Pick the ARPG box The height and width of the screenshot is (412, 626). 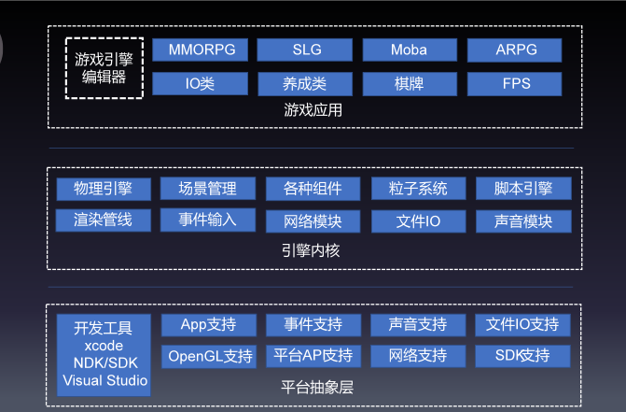(515, 50)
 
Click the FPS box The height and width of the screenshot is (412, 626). (515, 84)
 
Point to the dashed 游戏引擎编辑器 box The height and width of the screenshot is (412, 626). (104, 67)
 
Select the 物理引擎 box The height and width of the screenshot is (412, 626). (103, 189)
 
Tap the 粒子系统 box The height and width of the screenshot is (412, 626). (418, 189)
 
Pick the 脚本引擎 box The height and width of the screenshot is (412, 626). (523, 189)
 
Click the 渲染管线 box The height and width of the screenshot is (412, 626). (103, 221)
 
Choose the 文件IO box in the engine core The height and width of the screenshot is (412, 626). (418, 222)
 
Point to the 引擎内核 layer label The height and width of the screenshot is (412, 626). (313, 250)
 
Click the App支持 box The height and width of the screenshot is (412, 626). (208, 325)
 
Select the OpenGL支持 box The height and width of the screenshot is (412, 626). (208, 356)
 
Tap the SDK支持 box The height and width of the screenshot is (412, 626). (522, 356)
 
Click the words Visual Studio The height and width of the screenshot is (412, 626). (104, 380)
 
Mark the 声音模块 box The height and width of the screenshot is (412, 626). (523, 222)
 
